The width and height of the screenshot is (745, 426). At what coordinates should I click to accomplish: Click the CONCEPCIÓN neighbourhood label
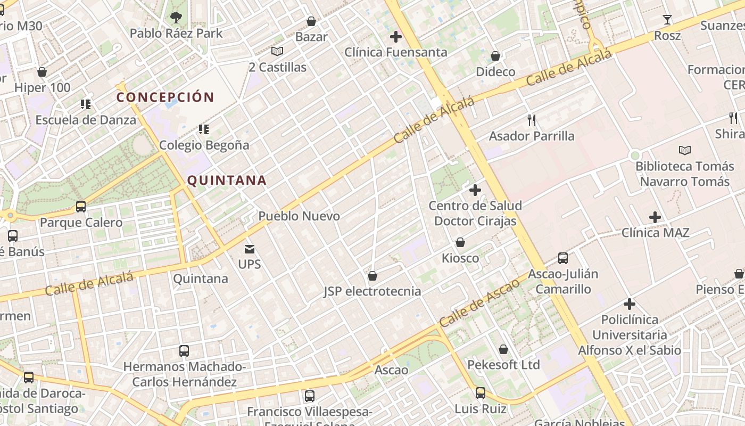click(165, 97)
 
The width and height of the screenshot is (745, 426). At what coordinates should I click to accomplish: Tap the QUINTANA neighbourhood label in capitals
click(227, 181)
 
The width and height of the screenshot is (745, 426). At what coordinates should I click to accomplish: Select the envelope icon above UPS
click(250, 249)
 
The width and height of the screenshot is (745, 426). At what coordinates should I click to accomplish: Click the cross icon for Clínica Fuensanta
click(395, 37)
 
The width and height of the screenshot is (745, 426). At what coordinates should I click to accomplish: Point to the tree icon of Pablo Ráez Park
click(176, 18)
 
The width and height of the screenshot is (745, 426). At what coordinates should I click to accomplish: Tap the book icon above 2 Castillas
click(277, 52)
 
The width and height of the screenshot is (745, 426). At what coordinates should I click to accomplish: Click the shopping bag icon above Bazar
click(311, 21)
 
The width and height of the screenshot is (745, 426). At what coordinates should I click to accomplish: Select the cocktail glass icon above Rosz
click(667, 20)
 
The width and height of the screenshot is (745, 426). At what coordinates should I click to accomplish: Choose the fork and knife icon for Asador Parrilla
click(531, 120)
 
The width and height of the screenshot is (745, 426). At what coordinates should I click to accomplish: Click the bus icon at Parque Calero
click(81, 207)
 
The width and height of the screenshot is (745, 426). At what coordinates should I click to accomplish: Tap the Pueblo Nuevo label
click(299, 216)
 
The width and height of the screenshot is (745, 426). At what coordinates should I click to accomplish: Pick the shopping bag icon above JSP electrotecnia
click(372, 276)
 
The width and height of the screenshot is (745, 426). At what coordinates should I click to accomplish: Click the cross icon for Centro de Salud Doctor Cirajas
click(475, 190)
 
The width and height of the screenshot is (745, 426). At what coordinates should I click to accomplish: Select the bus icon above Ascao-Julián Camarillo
click(563, 259)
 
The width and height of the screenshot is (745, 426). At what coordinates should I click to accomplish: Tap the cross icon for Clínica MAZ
click(655, 217)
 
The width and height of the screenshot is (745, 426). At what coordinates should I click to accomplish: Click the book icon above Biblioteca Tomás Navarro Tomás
click(685, 151)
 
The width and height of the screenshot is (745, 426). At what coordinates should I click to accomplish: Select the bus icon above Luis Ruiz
click(481, 393)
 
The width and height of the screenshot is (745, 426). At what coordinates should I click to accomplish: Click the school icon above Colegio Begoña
click(203, 129)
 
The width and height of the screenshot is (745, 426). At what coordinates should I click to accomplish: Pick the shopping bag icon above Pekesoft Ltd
click(503, 349)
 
